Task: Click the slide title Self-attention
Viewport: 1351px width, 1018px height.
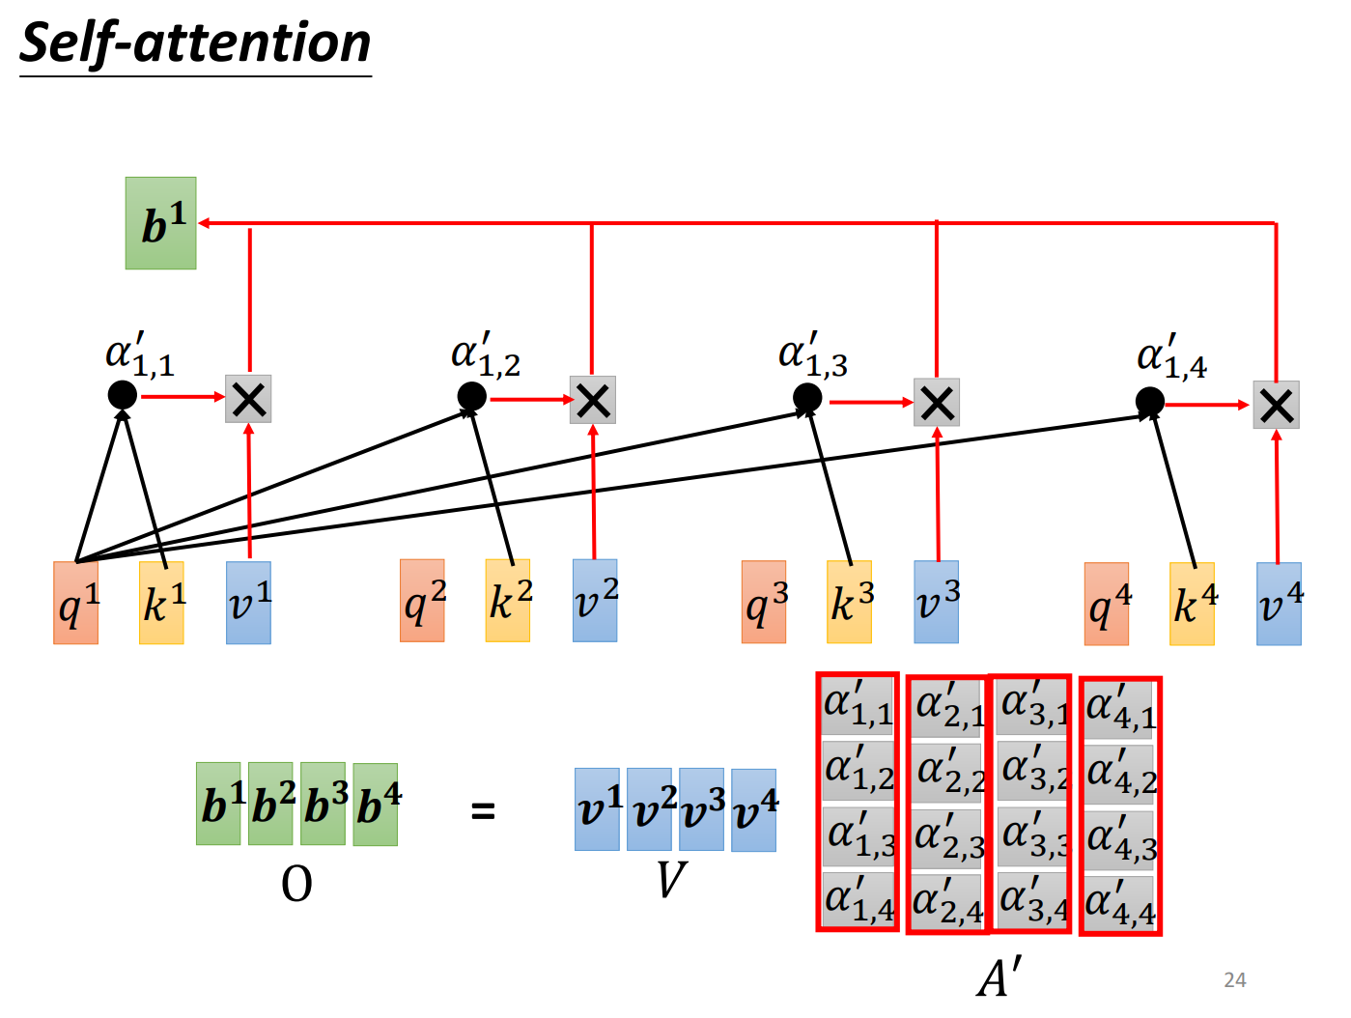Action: pyautogui.click(x=195, y=44)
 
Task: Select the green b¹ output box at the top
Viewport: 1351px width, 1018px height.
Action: pyautogui.click(x=160, y=223)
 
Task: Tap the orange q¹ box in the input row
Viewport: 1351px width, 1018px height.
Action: pyautogui.click(x=75, y=603)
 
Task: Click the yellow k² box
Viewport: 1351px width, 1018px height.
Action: pyautogui.click(x=508, y=601)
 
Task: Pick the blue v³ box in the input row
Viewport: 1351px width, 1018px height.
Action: pyautogui.click(x=937, y=602)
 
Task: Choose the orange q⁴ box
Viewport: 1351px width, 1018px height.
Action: pyautogui.click(x=1107, y=605)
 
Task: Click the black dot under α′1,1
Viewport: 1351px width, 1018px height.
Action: pyautogui.click(x=123, y=395)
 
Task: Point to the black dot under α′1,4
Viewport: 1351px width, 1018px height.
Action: pyautogui.click(x=1149, y=401)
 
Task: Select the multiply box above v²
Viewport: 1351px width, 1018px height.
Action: pyautogui.click(x=593, y=400)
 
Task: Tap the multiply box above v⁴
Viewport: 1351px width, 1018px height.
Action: pyautogui.click(x=1276, y=405)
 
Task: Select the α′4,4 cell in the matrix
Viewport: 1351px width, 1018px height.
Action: pyautogui.click(x=1120, y=903)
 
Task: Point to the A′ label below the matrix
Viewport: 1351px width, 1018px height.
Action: pyautogui.click(x=999, y=977)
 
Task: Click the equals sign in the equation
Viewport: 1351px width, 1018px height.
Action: pyautogui.click(x=483, y=811)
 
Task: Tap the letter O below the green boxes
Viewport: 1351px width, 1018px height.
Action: pyautogui.click(x=296, y=884)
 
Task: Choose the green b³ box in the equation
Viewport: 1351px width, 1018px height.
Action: pyautogui.click(x=324, y=804)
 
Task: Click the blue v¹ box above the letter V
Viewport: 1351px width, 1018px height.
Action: pyautogui.click(x=597, y=809)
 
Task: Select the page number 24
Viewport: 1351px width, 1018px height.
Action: pyautogui.click(x=1234, y=980)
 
